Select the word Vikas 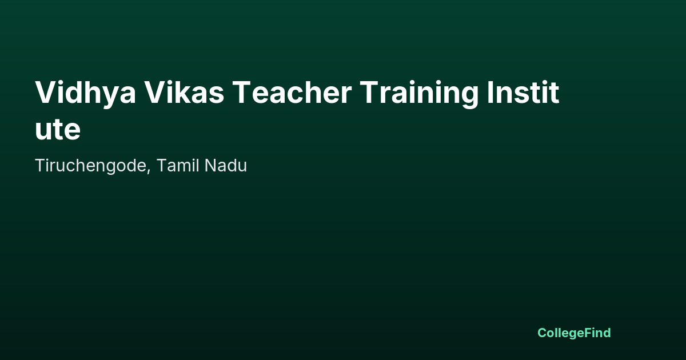(184, 92)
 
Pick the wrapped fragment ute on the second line (58, 130)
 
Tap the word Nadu (226, 165)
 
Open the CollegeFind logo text (574, 333)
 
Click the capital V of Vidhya (47, 93)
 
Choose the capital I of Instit (490, 93)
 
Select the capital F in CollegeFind (588, 333)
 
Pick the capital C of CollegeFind (543, 333)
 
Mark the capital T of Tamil (162, 166)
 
